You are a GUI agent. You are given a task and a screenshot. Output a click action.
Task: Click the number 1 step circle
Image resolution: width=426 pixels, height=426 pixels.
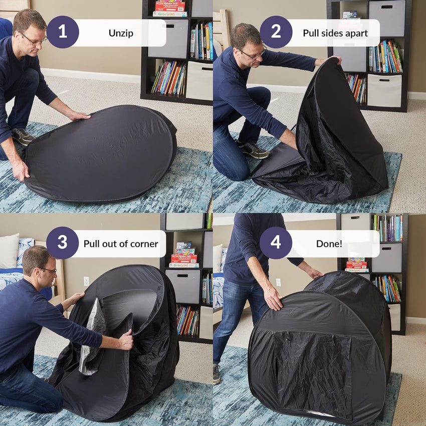[63, 32]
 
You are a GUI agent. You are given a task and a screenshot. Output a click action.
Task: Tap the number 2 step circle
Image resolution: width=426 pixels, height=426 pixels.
[276, 32]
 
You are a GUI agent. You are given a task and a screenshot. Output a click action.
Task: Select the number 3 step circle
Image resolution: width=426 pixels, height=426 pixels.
[63, 243]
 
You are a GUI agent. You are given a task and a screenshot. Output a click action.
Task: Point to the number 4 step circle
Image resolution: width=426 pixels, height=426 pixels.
[276, 243]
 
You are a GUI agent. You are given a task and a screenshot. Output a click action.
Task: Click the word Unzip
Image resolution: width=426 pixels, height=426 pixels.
[121, 33]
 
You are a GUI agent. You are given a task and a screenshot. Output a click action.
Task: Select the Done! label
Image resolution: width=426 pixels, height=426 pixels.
[329, 244]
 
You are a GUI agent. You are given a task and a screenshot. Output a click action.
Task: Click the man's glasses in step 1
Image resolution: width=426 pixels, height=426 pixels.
[34, 40]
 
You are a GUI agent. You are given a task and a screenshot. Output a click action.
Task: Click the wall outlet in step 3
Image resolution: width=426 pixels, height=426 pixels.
[86, 281]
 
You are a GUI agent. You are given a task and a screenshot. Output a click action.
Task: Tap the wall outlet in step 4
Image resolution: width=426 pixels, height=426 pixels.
[278, 283]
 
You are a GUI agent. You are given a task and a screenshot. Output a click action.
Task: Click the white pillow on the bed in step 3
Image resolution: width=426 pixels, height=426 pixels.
[9, 251]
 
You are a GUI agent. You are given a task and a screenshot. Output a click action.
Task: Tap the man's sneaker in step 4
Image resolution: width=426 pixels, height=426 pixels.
[217, 374]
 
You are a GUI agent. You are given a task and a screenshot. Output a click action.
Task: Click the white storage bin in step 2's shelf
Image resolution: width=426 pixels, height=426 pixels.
[384, 91]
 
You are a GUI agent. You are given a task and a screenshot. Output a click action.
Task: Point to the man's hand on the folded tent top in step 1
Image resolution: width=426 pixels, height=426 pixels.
[78, 116]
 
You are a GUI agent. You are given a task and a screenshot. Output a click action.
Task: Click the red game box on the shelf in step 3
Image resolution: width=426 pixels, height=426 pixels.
[184, 259]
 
